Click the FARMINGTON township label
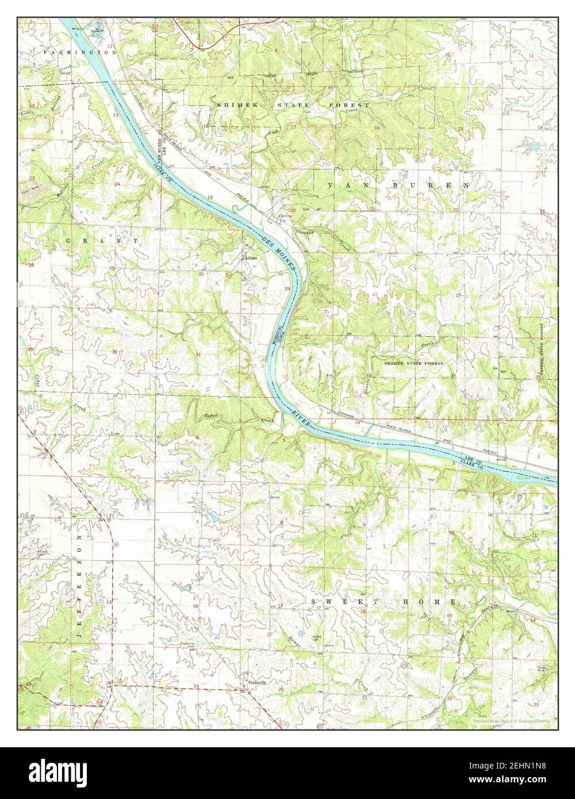[x=83, y=52]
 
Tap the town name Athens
[x=251, y=258]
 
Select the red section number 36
[x=114, y=352]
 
